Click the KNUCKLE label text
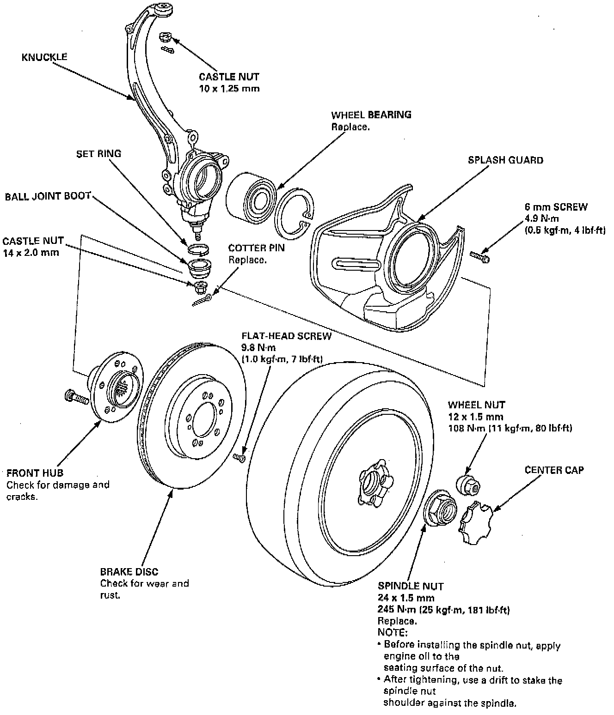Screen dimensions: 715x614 44,57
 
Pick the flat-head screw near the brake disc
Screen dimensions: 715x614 239,457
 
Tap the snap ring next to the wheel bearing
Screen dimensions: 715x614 294,215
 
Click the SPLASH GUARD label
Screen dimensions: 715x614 505,160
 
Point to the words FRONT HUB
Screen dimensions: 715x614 35,473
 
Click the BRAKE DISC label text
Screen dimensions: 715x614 129,571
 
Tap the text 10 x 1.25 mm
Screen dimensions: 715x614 229,88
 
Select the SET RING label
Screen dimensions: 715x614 98,153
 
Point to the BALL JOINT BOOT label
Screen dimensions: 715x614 48,196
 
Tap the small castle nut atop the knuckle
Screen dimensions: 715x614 165,37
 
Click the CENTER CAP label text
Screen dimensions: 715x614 554,470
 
